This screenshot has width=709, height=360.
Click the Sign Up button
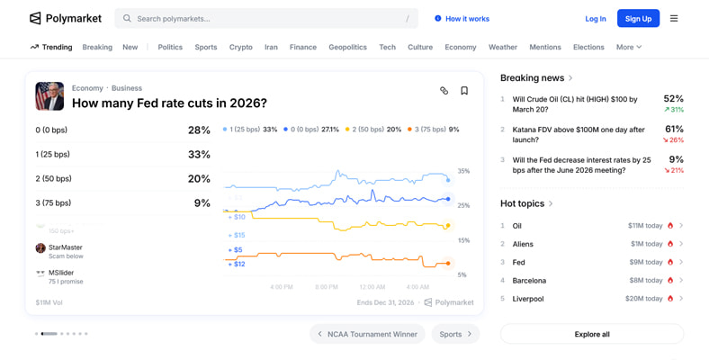(x=638, y=18)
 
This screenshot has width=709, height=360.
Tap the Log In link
(x=596, y=18)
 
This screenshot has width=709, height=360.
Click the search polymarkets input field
(x=266, y=18)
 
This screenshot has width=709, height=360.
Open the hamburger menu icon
(x=674, y=18)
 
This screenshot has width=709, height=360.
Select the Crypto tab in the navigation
(x=241, y=47)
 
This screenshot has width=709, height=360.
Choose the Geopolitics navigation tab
(x=347, y=47)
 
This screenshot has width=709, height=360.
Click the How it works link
(x=462, y=18)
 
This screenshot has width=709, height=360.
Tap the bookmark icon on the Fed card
(x=464, y=91)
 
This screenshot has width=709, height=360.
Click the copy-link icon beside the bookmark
(x=444, y=91)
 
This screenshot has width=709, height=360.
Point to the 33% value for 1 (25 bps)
(x=199, y=155)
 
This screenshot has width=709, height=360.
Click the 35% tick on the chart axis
(x=463, y=171)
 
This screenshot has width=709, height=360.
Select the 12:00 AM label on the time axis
(x=372, y=287)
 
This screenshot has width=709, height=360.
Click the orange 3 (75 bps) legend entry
(x=433, y=130)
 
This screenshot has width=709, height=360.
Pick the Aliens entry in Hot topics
(x=523, y=244)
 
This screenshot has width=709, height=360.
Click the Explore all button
(x=591, y=334)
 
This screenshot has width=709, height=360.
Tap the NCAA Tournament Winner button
(x=367, y=334)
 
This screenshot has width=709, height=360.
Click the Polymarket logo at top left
(x=66, y=18)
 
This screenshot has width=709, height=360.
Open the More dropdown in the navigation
(x=629, y=47)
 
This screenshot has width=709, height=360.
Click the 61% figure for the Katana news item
(x=674, y=130)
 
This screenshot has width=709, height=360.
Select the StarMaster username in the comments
(x=66, y=247)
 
